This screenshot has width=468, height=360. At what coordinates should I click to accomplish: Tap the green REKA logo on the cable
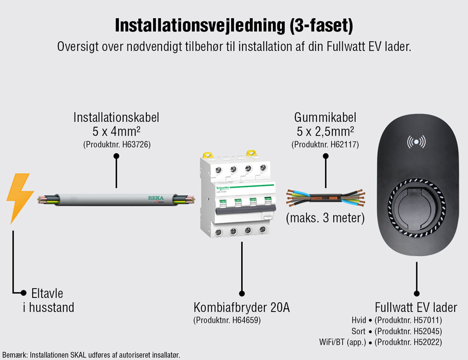(x=155, y=197)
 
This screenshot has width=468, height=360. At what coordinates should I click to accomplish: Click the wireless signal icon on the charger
(x=416, y=142)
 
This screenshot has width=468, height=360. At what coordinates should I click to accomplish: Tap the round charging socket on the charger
(x=416, y=207)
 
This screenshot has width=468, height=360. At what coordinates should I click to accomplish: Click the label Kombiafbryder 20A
(x=242, y=307)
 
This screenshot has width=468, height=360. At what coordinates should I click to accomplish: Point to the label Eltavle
(x=47, y=293)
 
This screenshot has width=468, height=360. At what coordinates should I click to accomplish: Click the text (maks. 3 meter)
(x=325, y=218)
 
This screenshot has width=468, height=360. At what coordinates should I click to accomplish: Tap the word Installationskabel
(x=116, y=117)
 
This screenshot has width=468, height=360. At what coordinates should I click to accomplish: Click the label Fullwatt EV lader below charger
(x=416, y=307)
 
